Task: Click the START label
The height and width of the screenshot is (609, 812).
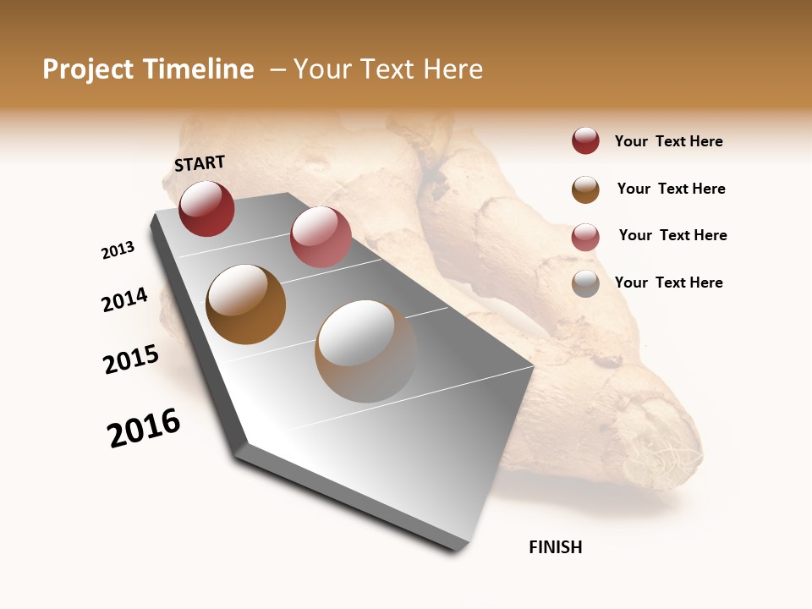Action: coord(200,163)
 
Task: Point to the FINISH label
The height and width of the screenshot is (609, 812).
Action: coord(556,547)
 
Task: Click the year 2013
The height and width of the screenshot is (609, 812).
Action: coord(118,250)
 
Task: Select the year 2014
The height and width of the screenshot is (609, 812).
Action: coord(124,299)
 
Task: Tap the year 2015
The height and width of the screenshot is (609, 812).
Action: coord(131,359)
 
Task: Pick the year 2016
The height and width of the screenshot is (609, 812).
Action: coord(144,428)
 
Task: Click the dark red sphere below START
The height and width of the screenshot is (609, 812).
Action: coord(206,208)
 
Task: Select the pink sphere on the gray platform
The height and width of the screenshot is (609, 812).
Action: coord(321,237)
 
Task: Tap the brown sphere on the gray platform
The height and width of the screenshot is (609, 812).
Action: coord(245,304)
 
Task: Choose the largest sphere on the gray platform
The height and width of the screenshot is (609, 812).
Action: coord(366,350)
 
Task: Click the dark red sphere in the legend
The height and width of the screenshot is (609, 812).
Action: coord(585,141)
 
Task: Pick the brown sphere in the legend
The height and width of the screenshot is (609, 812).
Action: coord(585,189)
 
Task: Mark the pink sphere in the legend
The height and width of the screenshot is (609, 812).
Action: coord(585,237)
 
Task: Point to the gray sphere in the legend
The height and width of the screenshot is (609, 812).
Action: coord(585,283)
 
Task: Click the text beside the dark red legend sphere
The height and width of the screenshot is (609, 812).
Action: coord(668,141)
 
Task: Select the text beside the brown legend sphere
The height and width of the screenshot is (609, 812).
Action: coord(671,189)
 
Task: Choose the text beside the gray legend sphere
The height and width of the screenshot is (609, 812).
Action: coord(668,283)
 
